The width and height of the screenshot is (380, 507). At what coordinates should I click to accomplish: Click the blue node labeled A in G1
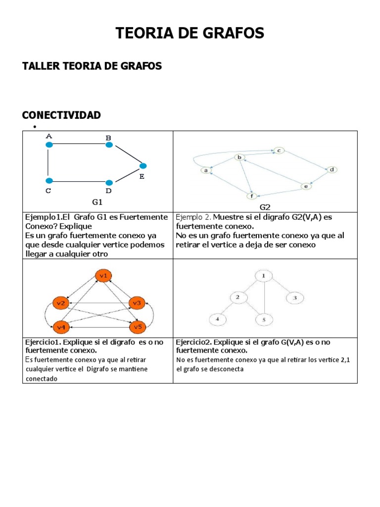(x=48, y=145)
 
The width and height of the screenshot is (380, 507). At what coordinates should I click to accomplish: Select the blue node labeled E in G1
(x=143, y=165)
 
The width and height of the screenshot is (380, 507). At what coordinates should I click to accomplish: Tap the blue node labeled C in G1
(x=48, y=181)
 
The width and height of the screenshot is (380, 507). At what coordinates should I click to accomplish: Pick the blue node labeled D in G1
(x=109, y=183)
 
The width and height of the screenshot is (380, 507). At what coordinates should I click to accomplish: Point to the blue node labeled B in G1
(x=109, y=145)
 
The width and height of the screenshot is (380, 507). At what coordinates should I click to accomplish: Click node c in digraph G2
(x=279, y=150)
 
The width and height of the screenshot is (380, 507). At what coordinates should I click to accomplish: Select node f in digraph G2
(x=252, y=196)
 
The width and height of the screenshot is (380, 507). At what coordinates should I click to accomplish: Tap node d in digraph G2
(x=332, y=169)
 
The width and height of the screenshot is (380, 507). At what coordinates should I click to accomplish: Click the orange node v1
(x=104, y=276)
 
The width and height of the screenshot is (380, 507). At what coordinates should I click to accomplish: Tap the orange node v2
(x=61, y=303)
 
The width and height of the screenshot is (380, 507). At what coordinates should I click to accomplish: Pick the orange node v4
(x=61, y=327)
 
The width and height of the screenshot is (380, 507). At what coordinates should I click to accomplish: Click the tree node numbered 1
(x=264, y=275)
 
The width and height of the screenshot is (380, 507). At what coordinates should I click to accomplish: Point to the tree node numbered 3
(x=295, y=298)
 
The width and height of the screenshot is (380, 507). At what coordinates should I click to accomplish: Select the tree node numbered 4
(x=217, y=319)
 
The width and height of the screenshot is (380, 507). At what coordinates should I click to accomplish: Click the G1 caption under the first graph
(x=97, y=202)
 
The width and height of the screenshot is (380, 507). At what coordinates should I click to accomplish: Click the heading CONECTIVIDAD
(x=61, y=115)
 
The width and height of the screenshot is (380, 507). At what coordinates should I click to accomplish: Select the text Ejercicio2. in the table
(x=192, y=342)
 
